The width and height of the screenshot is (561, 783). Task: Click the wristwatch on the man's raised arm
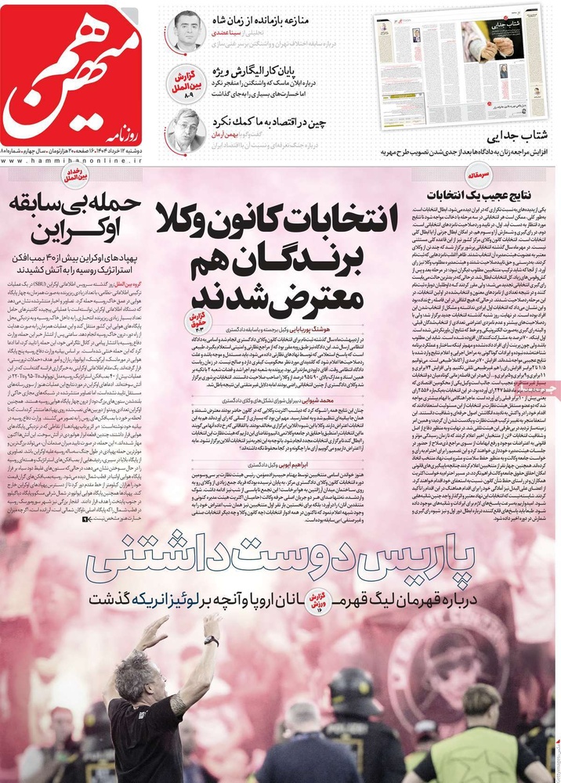(x=211, y=640)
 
